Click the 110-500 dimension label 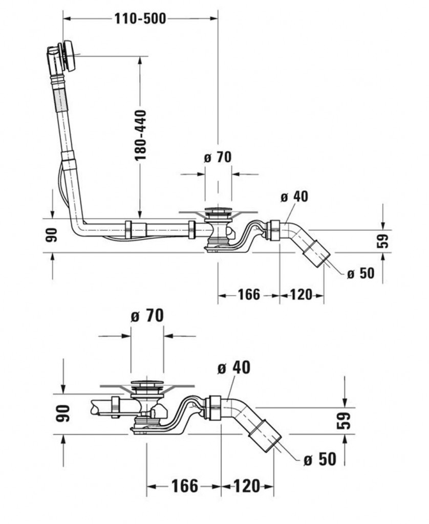pos(139,19)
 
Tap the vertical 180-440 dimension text pos(141,135)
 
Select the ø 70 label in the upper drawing pos(218,158)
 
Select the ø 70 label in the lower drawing pos(147,316)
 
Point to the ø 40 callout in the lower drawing pos(234,368)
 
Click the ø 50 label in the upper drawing pos(360,273)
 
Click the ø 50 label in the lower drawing pos(320,459)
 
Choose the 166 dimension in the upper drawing pos(249,295)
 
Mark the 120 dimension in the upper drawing pos(302,295)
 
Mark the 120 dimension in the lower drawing pos(247,486)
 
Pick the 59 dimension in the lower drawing pos(346,420)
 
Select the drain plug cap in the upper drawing pos(218,210)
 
